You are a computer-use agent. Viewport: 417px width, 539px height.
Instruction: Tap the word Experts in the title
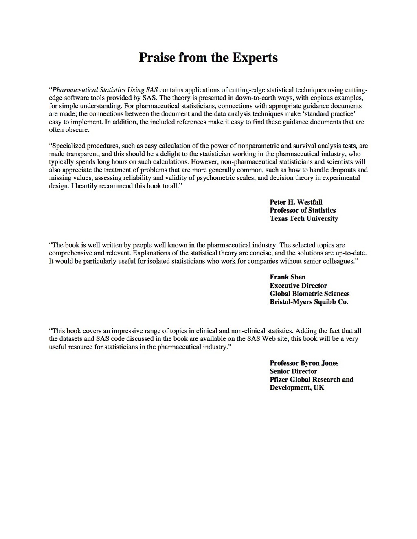click(x=255, y=57)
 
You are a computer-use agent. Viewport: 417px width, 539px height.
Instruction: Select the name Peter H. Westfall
click(x=296, y=202)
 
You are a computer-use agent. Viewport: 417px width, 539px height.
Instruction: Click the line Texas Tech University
click(x=304, y=218)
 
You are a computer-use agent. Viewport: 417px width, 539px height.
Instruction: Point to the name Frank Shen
click(x=288, y=277)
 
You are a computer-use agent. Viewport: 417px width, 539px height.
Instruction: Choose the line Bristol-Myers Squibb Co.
click(x=309, y=302)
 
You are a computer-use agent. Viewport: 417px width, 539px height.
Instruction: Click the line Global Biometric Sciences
click(x=309, y=294)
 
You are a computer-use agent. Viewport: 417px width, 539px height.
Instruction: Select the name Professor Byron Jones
click(x=304, y=363)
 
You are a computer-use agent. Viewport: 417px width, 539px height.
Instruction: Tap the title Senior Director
click(x=293, y=371)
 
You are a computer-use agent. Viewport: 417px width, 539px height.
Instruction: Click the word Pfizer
click(x=279, y=380)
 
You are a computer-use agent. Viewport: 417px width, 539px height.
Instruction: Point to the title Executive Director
click(x=298, y=286)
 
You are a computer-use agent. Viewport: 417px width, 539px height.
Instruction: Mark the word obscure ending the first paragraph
click(x=76, y=130)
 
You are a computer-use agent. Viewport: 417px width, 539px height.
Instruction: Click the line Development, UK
click(x=297, y=388)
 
